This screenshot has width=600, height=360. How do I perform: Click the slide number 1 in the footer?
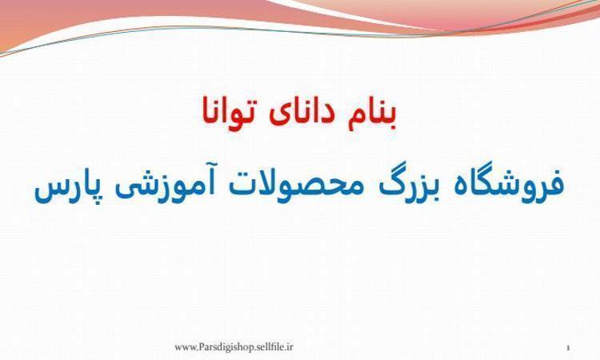coord(568,348)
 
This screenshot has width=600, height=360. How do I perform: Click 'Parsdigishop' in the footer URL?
coord(222,347)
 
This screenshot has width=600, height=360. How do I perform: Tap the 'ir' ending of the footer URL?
coord(290,346)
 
